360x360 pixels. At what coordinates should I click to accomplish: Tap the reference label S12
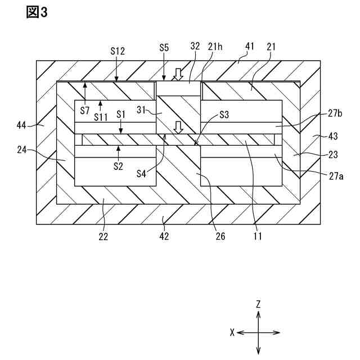118,51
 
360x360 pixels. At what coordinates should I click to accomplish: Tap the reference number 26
220,237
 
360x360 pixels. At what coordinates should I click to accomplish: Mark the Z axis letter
258,304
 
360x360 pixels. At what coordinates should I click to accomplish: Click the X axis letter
232,332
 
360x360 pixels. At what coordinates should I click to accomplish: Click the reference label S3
224,114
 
